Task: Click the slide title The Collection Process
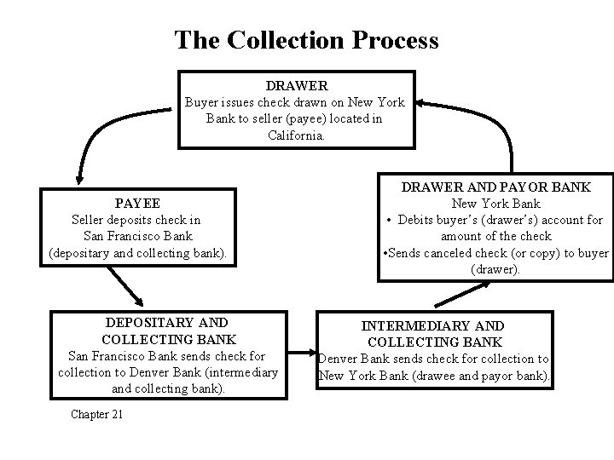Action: pos(306,39)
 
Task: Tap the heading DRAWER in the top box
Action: pos(297,86)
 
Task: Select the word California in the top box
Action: pos(296,135)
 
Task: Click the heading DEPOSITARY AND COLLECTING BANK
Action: pos(166,331)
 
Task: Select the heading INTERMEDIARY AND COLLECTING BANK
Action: pos(432,334)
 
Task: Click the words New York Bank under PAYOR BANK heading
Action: pos(496,204)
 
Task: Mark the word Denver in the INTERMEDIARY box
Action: pos(342,359)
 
